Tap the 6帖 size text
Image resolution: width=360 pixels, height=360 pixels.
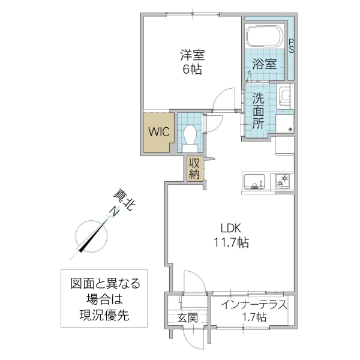click(x=193, y=69)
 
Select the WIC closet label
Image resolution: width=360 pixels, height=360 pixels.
click(x=158, y=130)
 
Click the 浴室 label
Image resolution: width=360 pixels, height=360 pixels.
click(x=264, y=63)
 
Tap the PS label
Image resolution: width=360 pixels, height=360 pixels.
click(x=292, y=46)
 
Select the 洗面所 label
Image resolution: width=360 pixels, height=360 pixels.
click(x=258, y=110)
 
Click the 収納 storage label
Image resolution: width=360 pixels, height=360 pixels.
click(x=194, y=168)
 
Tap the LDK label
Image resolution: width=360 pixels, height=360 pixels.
click(x=231, y=229)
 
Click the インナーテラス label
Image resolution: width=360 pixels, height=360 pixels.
click(x=253, y=305)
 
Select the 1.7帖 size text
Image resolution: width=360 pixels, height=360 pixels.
click(x=253, y=318)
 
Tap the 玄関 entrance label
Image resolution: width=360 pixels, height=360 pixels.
click(x=187, y=319)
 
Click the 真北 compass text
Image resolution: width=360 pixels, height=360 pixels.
click(x=125, y=199)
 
